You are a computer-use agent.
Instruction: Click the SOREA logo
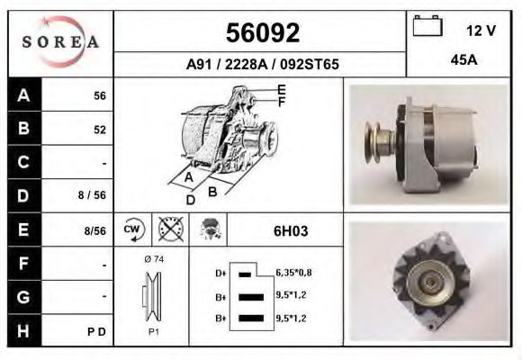pos(59,42)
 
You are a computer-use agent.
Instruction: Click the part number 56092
pos(261,33)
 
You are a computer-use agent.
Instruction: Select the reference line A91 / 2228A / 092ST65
pos(262,65)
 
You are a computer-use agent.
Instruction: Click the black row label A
pos(24,95)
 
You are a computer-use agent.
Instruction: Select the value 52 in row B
pos(100,130)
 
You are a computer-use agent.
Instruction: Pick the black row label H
pos(24,330)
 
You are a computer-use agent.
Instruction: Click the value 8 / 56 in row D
pos(93,194)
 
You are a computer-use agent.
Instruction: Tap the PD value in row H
pos(99,331)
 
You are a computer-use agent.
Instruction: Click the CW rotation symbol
pos(133,229)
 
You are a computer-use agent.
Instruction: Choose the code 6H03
pos(291,230)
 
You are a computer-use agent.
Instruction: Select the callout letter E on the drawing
pos(281,89)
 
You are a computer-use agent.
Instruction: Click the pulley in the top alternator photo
pos(375,144)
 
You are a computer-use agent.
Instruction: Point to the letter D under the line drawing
pos(190,199)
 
